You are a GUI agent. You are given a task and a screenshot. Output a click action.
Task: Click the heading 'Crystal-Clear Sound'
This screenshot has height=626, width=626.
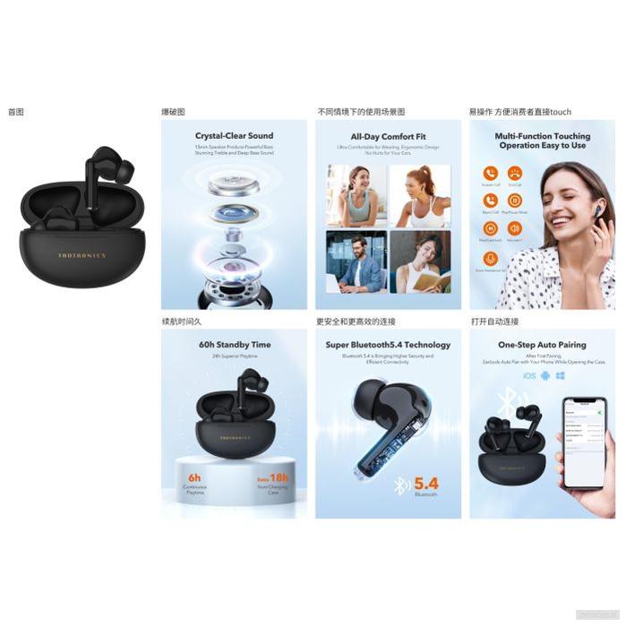pyautogui.click(x=234, y=136)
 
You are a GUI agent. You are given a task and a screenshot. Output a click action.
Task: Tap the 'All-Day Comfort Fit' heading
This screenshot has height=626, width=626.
pyautogui.click(x=388, y=136)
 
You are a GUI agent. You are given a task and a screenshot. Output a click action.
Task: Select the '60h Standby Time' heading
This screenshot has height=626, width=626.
pyautogui.click(x=234, y=344)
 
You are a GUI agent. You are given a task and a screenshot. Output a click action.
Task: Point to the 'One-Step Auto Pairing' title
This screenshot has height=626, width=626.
pyautogui.click(x=542, y=344)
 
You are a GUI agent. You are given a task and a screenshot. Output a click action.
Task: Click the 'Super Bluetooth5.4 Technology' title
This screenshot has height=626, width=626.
pyautogui.click(x=388, y=344)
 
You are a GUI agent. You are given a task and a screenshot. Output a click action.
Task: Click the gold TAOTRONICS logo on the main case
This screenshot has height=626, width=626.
pyautogui.click(x=81, y=255)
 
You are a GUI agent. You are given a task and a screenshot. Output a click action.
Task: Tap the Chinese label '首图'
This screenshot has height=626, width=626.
pyautogui.click(x=15, y=112)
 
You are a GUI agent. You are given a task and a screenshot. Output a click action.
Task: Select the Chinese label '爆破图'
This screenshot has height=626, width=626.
pyautogui.click(x=173, y=112)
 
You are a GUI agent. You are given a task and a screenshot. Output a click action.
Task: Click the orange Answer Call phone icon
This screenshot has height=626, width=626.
pyautogui.click(x=490, y=173)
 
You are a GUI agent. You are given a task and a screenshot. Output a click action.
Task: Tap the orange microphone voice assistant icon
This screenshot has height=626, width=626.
pyautogui.click(x=490, y=258)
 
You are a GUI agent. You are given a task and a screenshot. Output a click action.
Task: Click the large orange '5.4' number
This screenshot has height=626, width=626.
pyautogui.click(x=425, y=485)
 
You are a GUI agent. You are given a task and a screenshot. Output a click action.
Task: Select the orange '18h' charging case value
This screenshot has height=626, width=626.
pyautogui.click(x=278, y=477)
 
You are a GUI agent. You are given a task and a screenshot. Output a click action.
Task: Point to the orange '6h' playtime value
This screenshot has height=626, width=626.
pyautogui.click(x=193, y=477)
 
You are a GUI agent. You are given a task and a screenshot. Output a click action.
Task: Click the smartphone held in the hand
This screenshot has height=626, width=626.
pyautogui.click(x=583, y=442)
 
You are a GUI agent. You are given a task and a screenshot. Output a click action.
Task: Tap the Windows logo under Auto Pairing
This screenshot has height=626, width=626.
pyautogui.click(x=560, y=376)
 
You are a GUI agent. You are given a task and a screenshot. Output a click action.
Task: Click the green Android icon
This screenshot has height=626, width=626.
pyautogui.click(x=545, y=376)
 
